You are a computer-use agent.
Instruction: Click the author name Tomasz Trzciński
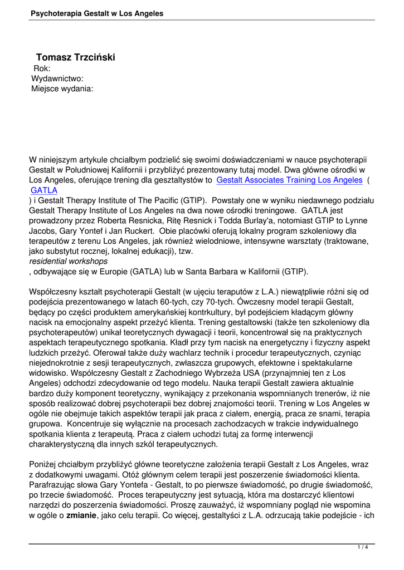click(75, 57)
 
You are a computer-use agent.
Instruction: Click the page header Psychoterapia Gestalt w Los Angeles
click(98, 13)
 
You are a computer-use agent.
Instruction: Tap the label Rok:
click(42, 68)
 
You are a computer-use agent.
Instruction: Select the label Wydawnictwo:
click(57, 78)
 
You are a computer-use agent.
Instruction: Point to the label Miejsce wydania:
click(62, 89)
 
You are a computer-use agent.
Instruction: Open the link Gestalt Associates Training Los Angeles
click(289, 180)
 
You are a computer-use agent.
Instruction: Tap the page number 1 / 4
click(363, 548)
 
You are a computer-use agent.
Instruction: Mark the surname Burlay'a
click(227, 220)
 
